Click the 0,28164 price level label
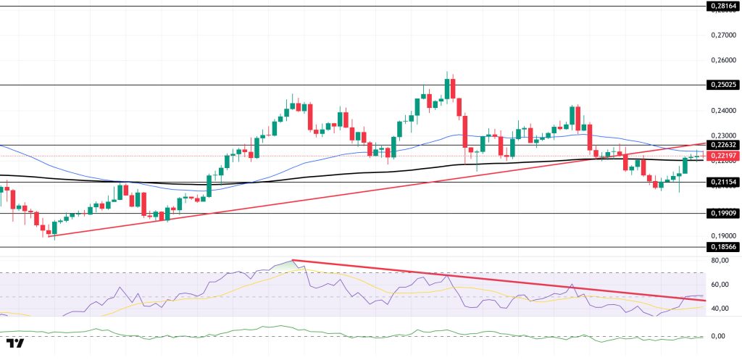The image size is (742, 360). [722, 7]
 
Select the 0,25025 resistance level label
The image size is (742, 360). [722, 85]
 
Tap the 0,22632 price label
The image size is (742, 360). [722, 145]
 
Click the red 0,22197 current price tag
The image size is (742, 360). [722, 156]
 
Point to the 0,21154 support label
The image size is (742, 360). [722, 183]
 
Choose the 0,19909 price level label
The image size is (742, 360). [722, 214]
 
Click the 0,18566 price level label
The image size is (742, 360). [722, 247]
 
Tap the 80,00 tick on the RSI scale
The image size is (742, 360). [720, 260]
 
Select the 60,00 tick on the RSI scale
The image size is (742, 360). [720, 285]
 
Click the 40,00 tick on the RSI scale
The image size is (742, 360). [720, 309]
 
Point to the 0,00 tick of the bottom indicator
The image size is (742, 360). [717, 336]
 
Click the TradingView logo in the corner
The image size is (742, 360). [15, 343]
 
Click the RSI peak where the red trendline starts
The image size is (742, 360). [292, 260]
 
